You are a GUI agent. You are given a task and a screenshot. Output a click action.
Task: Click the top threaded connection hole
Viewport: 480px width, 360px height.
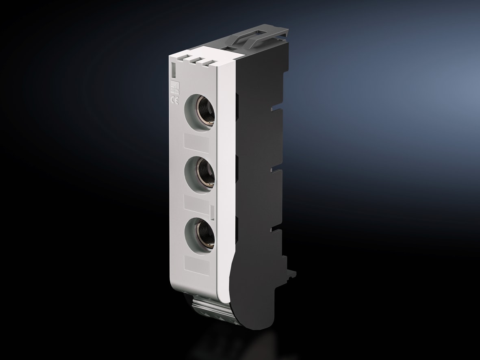click(x=200, y=111)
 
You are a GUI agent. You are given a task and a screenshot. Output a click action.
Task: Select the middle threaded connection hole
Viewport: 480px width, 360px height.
click(x=200, y=173)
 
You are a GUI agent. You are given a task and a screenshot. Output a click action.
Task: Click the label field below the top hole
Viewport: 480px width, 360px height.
click(x=197, y=143)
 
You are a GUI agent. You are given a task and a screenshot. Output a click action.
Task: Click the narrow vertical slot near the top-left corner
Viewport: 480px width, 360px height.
click(x=173, y=69)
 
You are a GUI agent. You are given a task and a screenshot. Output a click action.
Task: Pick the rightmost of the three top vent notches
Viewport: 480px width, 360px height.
click(x=209, y=63)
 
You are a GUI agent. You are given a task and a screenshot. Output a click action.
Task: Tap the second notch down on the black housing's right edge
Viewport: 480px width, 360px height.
click(x=279, y=167)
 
